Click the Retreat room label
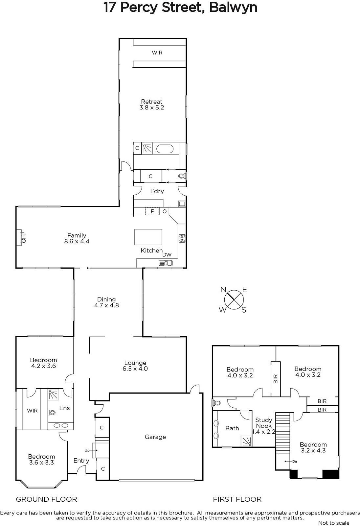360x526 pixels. click(152, 102)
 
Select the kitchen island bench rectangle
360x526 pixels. click(148, 237)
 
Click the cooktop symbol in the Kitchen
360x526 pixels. click(182, 238)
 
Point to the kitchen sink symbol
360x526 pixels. click(166, 263)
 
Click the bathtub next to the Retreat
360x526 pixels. click(165, 149)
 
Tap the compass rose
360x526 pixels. click(234, 300)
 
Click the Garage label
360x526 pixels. click(155, 437)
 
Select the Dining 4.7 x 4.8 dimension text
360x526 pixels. click(106, 305)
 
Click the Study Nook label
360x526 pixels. click(264, 423)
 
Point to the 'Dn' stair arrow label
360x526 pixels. click(295, 462)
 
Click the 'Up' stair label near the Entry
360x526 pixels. click(87, 450)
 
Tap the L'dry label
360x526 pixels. click(157, 191)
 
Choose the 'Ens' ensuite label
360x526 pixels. click(64, 408)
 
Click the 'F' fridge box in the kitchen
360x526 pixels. click(152, 211)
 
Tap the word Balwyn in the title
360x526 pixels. click(233, 7)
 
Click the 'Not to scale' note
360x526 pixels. click(334, 523)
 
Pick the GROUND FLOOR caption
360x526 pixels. click(46, 499)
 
